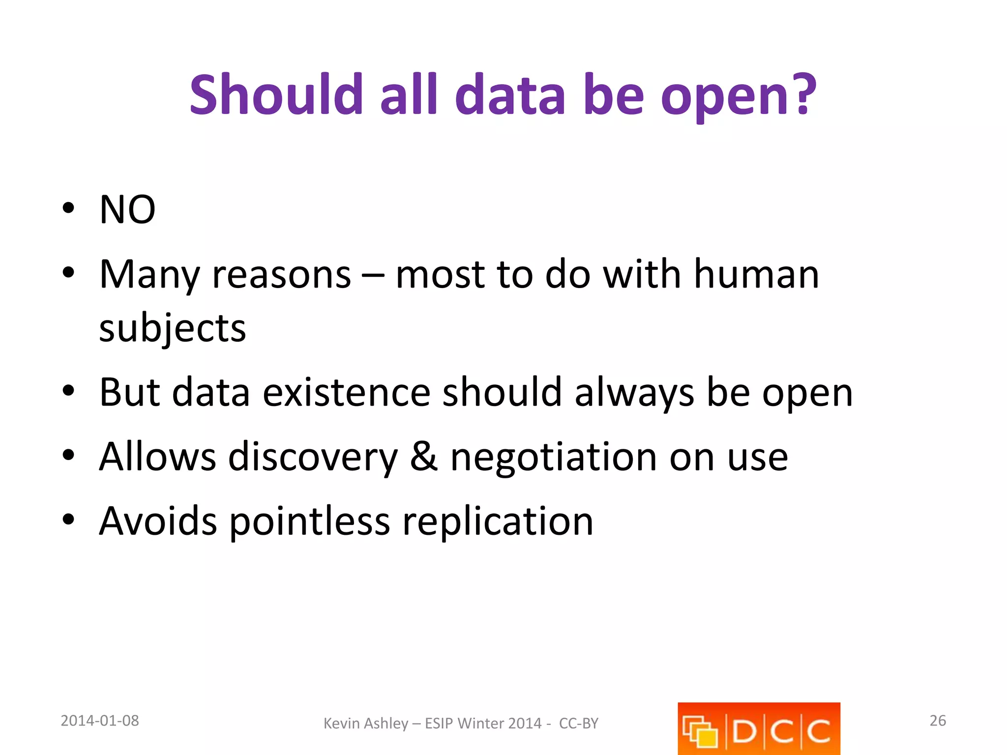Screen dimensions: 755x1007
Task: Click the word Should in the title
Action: [x=276, y=94]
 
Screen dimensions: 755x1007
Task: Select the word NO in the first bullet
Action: [x=127, y=210]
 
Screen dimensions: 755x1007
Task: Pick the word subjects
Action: [x=173, y=328]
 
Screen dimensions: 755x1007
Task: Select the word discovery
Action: [x=313, y=457]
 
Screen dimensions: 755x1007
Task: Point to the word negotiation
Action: [x=554, y=457]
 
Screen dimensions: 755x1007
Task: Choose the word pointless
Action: [x=310, y=521]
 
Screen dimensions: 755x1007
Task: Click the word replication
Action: [x=498, y=521]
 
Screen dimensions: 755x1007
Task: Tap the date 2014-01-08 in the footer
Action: [x=100, y=721]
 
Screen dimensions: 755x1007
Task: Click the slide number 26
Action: [x=938, y=721]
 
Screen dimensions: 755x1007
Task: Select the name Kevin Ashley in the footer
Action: [x=365, y=724]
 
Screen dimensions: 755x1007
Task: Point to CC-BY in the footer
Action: [x=579, y=724]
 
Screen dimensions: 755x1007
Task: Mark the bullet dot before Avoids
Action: [x=68, y=519]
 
